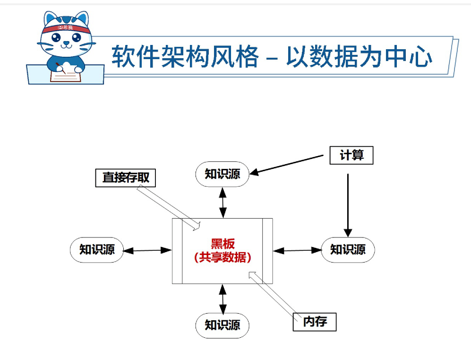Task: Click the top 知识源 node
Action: pos(222,174)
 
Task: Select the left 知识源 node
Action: pos(97,249)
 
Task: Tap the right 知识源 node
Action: pos(348,249)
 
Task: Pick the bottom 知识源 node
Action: pos(222,325)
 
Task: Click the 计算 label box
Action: pos(351,155)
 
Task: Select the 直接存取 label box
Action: pos(126,177)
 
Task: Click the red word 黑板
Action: pos(223,244)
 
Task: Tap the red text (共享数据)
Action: pos(223,257)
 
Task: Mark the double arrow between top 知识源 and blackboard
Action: pos(222,202)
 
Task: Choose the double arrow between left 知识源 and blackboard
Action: pos(148,250)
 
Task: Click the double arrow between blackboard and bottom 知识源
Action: pos(222,298)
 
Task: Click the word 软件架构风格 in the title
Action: pos(185,56)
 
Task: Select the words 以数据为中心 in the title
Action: pos(359,56)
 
